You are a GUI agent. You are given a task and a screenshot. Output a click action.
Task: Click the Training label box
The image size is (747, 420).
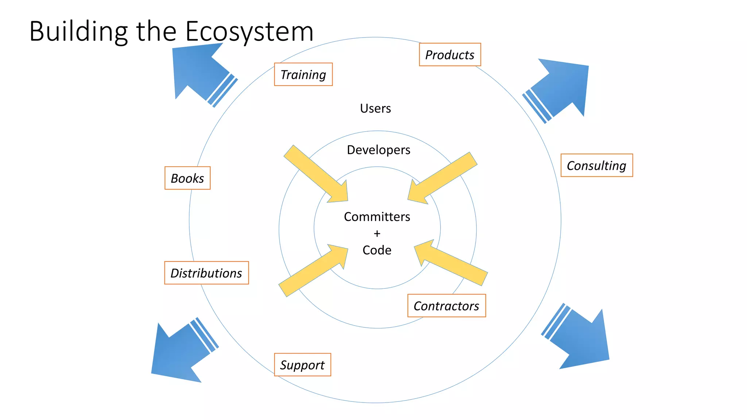click(303, 74)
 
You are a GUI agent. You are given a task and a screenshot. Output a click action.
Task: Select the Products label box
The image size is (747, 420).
click(450, 55)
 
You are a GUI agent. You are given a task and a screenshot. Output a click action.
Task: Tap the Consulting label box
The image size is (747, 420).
click(596, 166)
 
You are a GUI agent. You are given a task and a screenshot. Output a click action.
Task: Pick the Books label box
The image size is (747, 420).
click(187, 178)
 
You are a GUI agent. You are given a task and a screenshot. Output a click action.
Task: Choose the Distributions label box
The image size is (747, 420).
click(206, 273)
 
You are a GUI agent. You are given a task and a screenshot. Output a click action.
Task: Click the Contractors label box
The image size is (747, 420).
click(446, 306)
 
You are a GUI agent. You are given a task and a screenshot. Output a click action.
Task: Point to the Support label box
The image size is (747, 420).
click(302, 365)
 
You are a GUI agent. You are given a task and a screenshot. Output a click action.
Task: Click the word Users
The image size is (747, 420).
click(375, 109)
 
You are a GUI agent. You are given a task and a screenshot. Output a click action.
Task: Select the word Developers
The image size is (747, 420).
click(379, 150)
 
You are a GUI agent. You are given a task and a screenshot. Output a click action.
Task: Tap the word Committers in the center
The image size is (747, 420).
click(377, 217)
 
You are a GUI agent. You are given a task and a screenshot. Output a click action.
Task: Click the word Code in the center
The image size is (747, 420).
click(377, 250)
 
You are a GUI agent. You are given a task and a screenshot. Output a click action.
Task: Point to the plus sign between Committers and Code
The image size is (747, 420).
click(377, 233)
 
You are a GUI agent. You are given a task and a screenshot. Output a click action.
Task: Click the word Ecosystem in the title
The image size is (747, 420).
click(249, 32)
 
